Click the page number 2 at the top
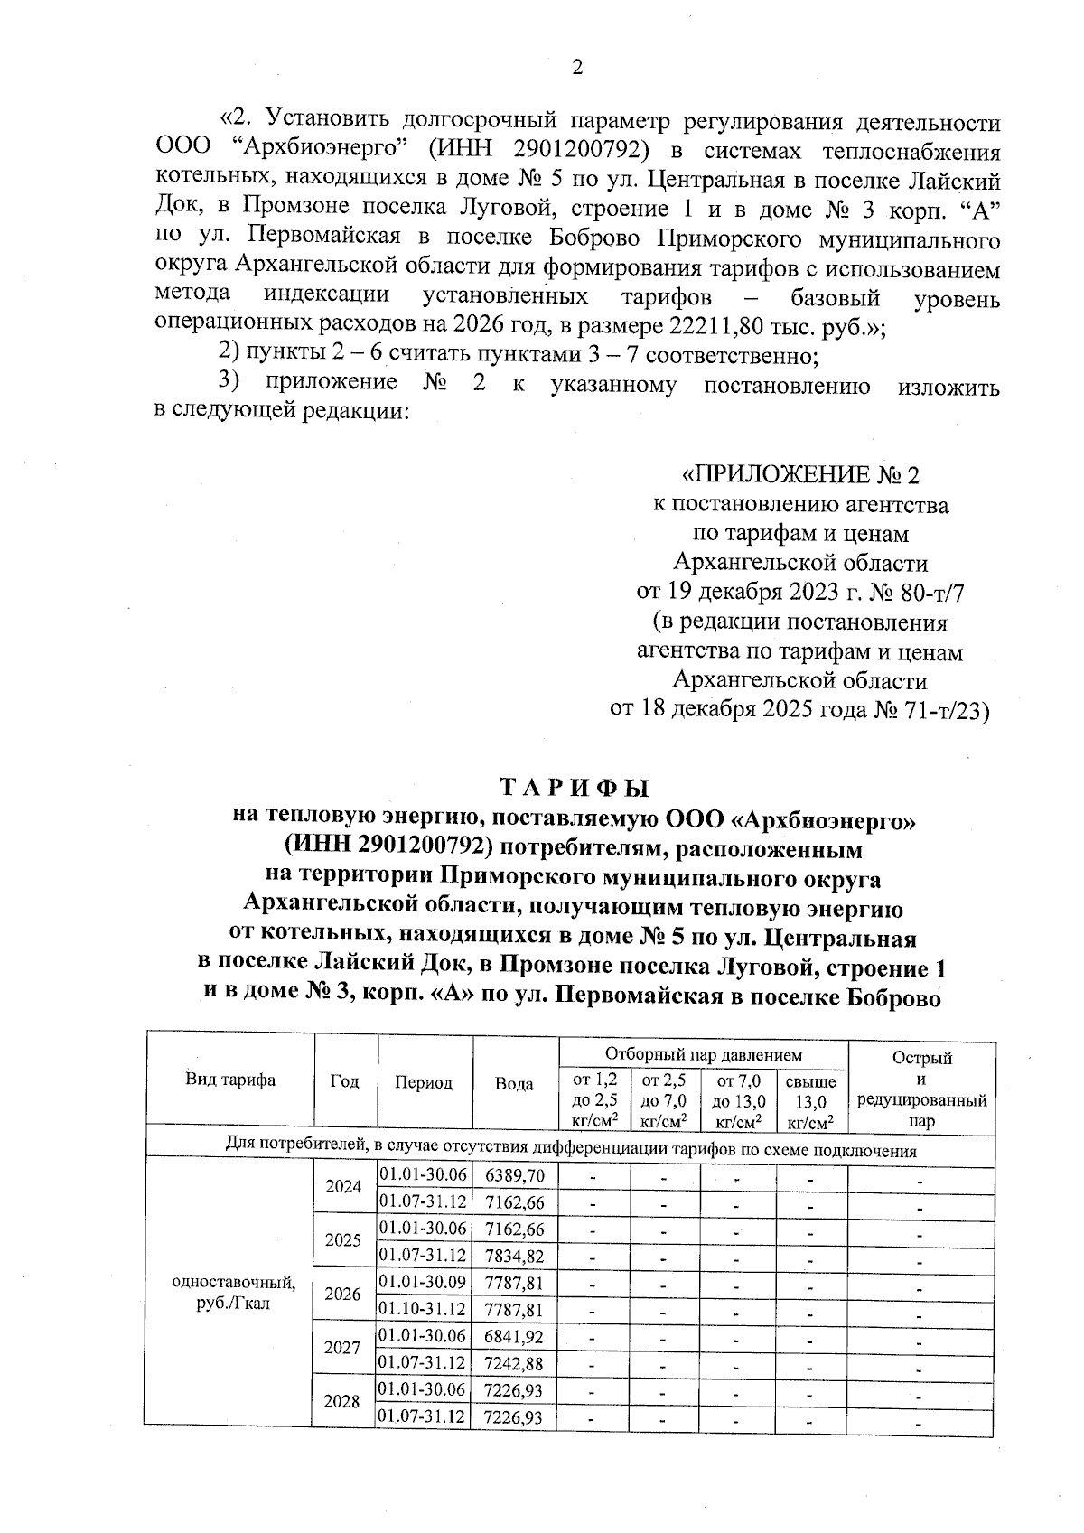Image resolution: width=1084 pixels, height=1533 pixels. pos(577,69)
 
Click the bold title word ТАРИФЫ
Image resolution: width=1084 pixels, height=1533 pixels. pos(575,788)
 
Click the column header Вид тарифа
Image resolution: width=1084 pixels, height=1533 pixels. pos(230,1080)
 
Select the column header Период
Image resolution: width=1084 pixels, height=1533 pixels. pos(424,1082)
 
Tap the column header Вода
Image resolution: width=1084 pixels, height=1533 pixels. pos(514,1083)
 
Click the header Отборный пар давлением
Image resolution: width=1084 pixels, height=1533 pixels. pos(703,1054)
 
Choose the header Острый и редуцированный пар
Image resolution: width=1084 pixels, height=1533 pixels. pos(921,1089)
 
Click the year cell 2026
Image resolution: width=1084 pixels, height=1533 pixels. pos(343,1295)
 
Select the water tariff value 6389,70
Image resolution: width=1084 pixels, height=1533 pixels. pos(514,1175)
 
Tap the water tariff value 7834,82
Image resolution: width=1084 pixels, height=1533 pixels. pos(514,1256)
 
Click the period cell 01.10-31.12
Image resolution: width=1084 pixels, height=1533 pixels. pos(423,1309)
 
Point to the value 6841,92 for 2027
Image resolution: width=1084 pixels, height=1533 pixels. pos(514,1336)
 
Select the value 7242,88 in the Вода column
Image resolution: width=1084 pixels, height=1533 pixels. pos(514,1362)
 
